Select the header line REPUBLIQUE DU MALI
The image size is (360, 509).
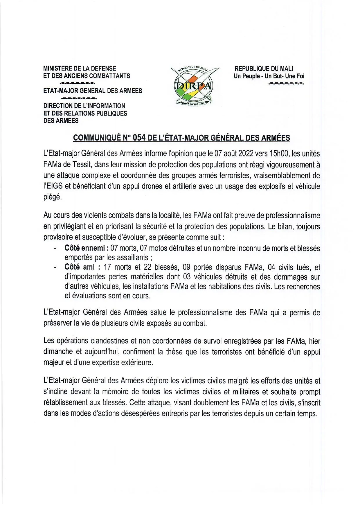click(264, 69)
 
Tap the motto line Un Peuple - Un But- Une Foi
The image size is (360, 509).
click(269, 76)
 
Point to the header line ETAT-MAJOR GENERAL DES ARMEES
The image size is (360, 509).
click(93, 91)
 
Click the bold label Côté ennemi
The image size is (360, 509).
click(84, 248)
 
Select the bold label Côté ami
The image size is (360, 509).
click(80, 267)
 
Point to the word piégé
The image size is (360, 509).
click(53, 197)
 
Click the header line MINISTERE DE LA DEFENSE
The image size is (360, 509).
click(80, 69)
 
